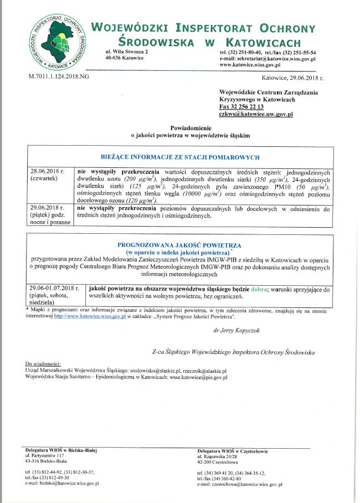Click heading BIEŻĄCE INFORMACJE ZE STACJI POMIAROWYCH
(179, 157)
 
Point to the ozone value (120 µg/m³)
(140, 201)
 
